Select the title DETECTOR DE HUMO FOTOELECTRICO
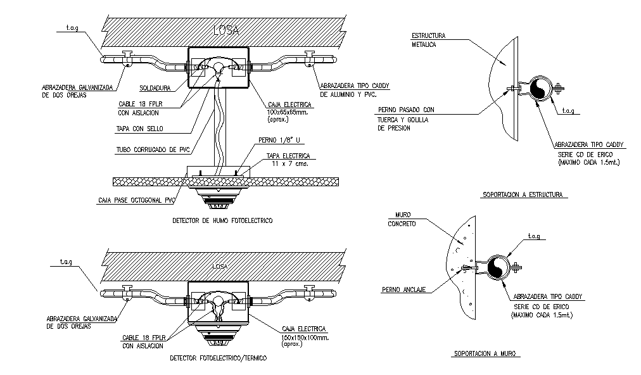tap(222, 221)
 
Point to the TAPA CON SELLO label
tap(140, 129)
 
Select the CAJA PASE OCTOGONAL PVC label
tap(136, 201)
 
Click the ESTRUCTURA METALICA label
tap(429, 40)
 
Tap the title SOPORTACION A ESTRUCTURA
tap(522, 194)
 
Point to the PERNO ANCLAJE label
tap(403, 289)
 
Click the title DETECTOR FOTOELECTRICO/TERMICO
tap(218, 358)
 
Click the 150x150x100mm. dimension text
tap(302, 338)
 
